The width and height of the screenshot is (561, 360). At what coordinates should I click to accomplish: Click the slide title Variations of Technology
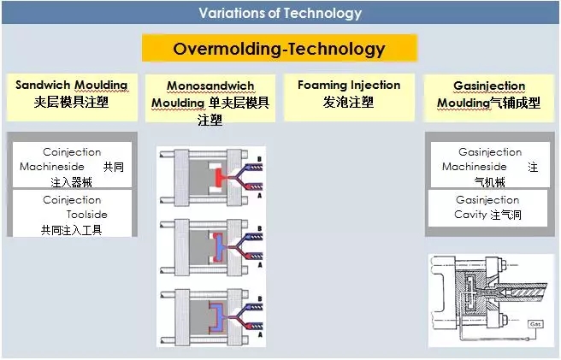coord(280,13)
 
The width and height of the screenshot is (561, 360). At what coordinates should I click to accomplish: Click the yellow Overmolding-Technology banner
coord(279,48)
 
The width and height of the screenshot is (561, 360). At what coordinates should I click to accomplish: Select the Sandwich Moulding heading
coord(71,86)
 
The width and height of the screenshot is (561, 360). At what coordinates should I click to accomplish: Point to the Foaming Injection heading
coord(348,86)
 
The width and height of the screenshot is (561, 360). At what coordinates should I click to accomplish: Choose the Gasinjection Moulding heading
coord(487,86)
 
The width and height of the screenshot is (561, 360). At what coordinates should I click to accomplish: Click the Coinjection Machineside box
coord(72,160)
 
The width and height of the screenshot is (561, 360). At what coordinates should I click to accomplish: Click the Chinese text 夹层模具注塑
coord(71,103)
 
